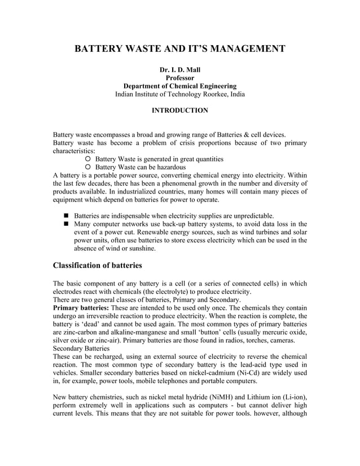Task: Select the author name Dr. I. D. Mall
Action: (x=180, y=69)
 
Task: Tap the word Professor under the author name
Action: (x=180, y=78)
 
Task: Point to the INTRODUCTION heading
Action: (x=180, y=111)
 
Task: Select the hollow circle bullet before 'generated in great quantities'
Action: (x=87, y=160)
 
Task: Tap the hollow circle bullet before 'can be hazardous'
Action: (x=87, y=168)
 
